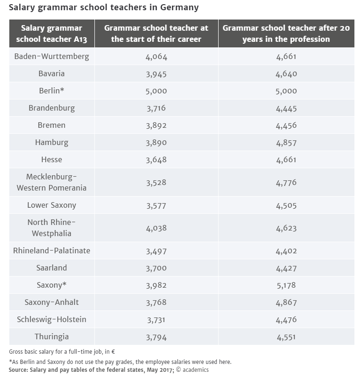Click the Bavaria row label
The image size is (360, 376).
pos(52,74)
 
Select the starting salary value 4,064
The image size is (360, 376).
pos(156,57)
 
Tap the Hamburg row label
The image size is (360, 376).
pos(52,143)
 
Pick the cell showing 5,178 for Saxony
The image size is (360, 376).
pos(286,285)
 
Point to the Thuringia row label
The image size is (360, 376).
pos(52,336)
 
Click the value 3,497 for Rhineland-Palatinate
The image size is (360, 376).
pos(156,251)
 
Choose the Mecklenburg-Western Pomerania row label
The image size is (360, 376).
pos(52,182)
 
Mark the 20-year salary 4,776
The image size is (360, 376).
pos(286,183)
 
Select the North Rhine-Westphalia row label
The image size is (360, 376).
pos(52,228)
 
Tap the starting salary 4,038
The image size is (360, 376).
pos(156,228)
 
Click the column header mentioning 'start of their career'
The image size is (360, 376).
pos(156,33)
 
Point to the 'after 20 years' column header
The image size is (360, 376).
pos(286,33)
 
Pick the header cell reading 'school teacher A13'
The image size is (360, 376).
pos(52,33)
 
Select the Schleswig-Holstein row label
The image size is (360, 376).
pos(52,319)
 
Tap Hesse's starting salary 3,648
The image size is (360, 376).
pos(156,160)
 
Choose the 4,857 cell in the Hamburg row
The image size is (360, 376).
pos(286,143)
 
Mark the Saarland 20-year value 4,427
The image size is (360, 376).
pos(286,268)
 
